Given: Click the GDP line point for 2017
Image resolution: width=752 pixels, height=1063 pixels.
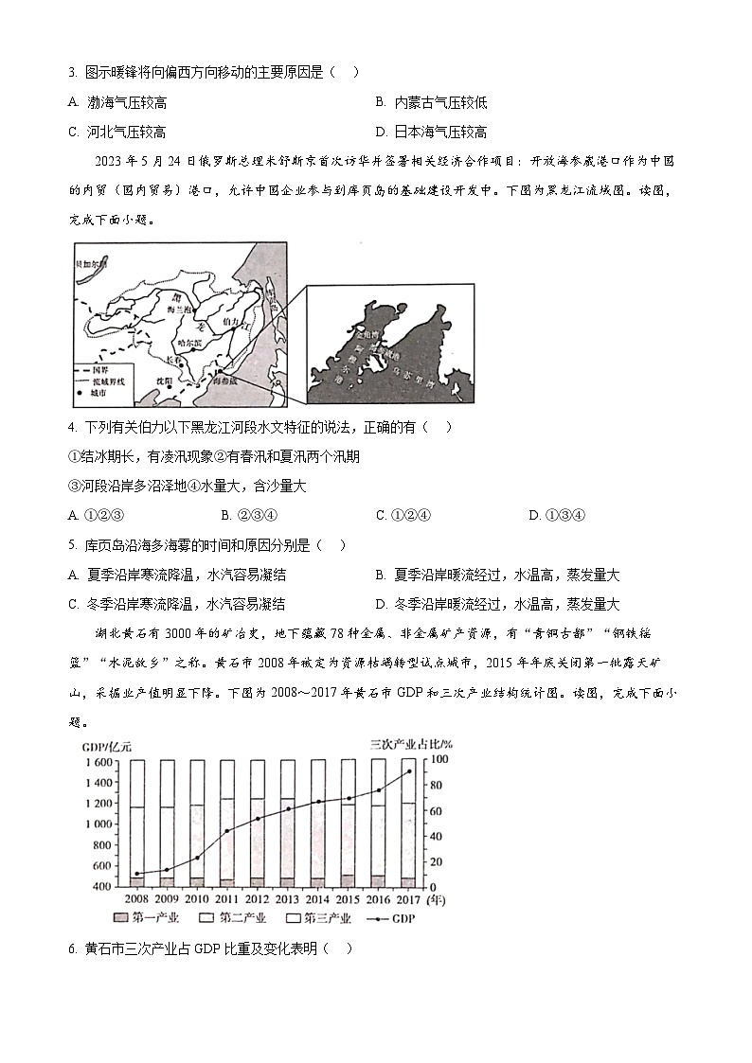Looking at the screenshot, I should [x=409, y=771].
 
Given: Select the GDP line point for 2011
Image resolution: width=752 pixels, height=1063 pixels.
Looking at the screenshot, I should [x=227, y=830].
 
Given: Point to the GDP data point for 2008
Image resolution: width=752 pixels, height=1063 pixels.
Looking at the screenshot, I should [x=137, y=874].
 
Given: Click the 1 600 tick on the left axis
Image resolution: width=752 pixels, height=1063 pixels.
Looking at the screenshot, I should [x=98, y=762].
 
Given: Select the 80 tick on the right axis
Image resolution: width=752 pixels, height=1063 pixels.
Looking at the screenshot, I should [x=437, y=786].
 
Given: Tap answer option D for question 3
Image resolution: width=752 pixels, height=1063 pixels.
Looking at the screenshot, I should [x=432, y=132].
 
